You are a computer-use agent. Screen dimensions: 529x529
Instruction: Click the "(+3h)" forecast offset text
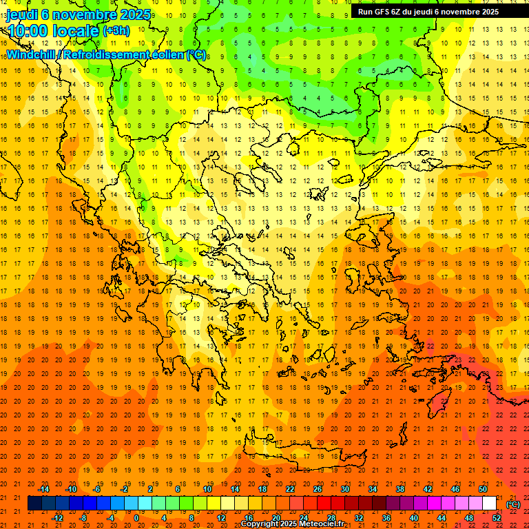115,31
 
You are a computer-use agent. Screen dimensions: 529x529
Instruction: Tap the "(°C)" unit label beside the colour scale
513,504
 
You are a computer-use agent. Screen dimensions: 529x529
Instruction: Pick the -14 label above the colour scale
45,489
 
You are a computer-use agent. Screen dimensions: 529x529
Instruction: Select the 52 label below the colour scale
497,518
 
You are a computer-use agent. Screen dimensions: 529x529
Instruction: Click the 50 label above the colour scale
483,489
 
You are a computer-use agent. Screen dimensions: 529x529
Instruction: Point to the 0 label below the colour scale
136,518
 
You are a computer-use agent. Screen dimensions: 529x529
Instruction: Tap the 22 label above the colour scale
290,489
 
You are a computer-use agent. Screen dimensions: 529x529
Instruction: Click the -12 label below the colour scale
58,518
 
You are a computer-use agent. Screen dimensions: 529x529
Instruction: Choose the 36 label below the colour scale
386,518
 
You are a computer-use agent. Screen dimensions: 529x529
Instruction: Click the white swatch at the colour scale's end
490,504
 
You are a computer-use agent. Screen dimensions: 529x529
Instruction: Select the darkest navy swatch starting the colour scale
34,504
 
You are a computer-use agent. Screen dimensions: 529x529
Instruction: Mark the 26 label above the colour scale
318,489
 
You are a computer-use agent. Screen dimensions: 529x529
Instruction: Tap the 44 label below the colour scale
442,518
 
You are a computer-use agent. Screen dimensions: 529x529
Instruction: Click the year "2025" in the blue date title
134,14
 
